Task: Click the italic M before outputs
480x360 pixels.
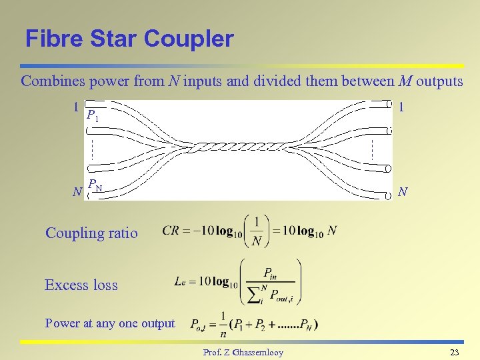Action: pos(405,82)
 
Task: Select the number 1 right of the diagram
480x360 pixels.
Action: pos(401,107)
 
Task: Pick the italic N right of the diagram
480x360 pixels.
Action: pos(402,192)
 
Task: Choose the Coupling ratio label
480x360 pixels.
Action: pos(91,233)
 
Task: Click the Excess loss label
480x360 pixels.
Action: pos(81,285)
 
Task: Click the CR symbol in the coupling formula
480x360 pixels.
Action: pos(171,231)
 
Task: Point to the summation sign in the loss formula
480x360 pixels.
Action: pos(253,295)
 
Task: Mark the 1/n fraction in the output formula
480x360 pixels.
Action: pos(223,325)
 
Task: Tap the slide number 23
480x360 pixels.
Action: pos(455,352)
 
